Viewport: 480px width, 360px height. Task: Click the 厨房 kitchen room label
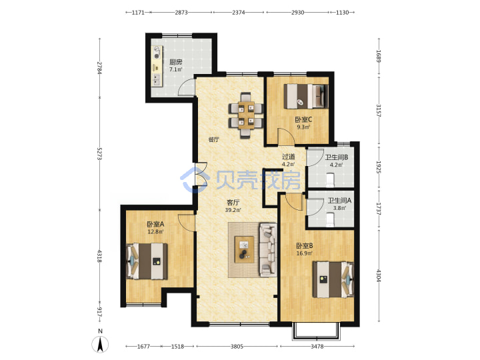(176, 62)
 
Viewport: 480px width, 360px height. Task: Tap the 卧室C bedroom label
(303, 119)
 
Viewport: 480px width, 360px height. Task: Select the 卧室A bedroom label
(155, 225)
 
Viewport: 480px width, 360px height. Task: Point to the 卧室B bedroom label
(304, 246)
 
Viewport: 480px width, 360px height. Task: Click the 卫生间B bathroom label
(337, 157)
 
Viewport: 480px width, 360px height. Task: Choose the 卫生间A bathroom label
(339, 201)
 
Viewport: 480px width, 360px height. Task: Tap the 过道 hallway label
(289, 157)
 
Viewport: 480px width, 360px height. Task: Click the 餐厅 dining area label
(214, 139)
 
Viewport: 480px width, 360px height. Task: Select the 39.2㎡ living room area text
(233, 210)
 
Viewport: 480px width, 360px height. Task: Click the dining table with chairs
(246, 115)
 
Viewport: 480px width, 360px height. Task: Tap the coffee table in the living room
(244, 249)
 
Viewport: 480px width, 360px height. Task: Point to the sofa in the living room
(268, 250)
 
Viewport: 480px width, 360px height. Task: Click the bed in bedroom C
(306, 96)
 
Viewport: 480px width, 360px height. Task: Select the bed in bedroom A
(147, 261)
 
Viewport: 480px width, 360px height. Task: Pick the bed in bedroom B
(333, 279)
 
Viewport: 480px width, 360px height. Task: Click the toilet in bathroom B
(330, 180)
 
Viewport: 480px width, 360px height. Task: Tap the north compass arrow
(100, 344)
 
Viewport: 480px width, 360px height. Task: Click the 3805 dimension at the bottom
(237, 347)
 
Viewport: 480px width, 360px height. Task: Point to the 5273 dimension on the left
(99, 154)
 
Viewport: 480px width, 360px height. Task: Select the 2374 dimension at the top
(238, 13)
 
